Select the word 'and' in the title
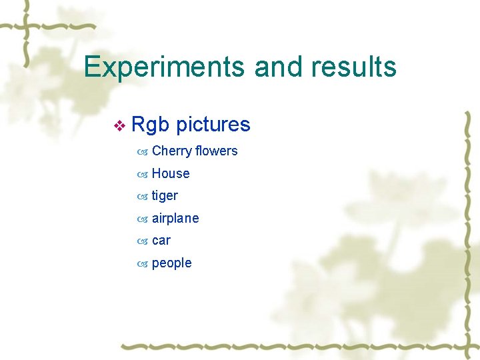point(279,67)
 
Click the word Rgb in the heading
point(151,125)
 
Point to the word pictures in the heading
point(213,125)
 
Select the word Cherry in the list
point(171,151)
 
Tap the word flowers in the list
point(216,151)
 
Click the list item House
point(171,173)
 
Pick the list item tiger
point(165,196)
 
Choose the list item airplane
point(175,218)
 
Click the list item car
point(161,241)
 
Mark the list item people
point(171,263)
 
